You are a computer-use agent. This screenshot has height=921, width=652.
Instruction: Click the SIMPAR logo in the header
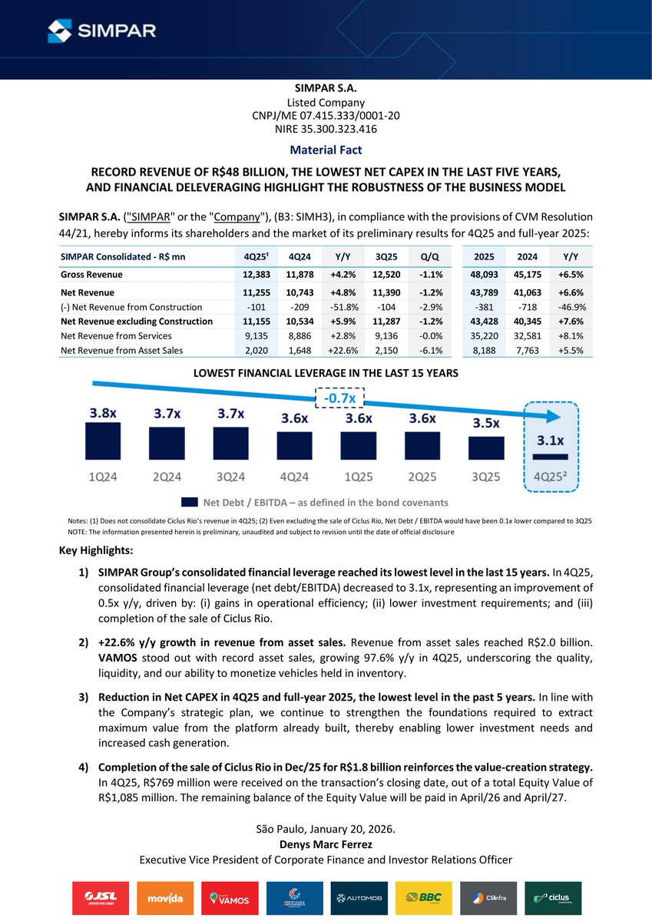tap(101, 31)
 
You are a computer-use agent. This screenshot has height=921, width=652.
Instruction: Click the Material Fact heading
tap(326, 150)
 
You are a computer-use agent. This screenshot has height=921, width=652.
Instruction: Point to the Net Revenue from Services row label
tap(116, 335)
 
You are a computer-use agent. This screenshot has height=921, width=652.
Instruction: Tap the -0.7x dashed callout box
tap(340, 399)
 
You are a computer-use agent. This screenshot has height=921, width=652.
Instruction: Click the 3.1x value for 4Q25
tap(549, 441)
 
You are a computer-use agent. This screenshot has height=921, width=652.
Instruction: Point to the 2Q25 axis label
tap(422, 477)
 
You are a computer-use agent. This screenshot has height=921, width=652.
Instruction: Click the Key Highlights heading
tap(96, 550)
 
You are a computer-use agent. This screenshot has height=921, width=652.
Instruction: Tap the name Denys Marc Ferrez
tap(326, 844)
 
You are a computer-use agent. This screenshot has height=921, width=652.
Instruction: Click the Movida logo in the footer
tap(159, 898)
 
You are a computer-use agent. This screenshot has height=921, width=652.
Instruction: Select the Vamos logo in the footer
tap(225, 898)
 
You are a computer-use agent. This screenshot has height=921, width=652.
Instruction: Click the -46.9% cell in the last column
tap(569, 307)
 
